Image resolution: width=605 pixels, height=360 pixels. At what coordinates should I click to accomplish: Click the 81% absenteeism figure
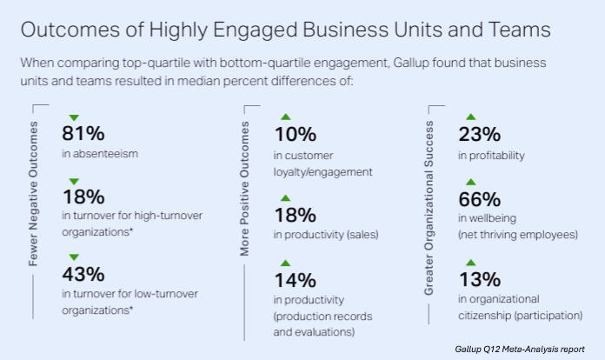pos(83,135)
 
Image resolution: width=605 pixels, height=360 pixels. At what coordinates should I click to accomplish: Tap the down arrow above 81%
pos(73,117)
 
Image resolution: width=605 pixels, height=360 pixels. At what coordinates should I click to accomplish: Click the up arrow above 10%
pos(284,117)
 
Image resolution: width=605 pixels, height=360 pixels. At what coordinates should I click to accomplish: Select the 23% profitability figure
pos(479,135)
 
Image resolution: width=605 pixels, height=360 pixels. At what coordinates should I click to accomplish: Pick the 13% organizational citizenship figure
pos(479,280)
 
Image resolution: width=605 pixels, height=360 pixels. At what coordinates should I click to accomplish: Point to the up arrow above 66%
pos(470,182)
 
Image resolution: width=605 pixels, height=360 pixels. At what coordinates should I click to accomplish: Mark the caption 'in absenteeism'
pos(100,155)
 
